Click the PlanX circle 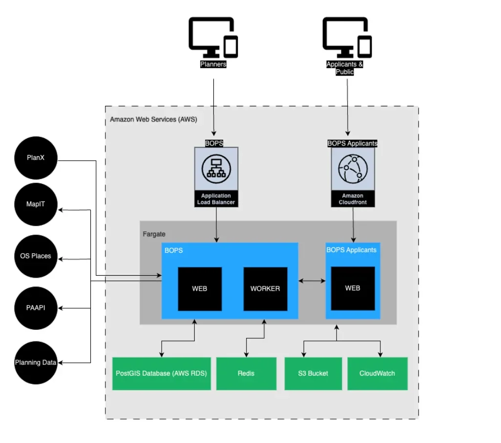[36, 158]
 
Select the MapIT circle [36, 204]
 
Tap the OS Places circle [36, 256]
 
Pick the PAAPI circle [36, 308]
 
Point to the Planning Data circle [36, 362]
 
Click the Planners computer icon [213, 38]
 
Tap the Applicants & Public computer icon [347, 38]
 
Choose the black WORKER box [265, 289]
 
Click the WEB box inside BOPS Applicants [353, 288]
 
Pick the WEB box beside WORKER [199, 289]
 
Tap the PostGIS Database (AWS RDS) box [161, 374]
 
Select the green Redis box [246, 374]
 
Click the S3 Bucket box [313, 374]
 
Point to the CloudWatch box [377, 374]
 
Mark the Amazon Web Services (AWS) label [153, 119]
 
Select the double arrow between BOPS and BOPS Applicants [312, 281]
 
